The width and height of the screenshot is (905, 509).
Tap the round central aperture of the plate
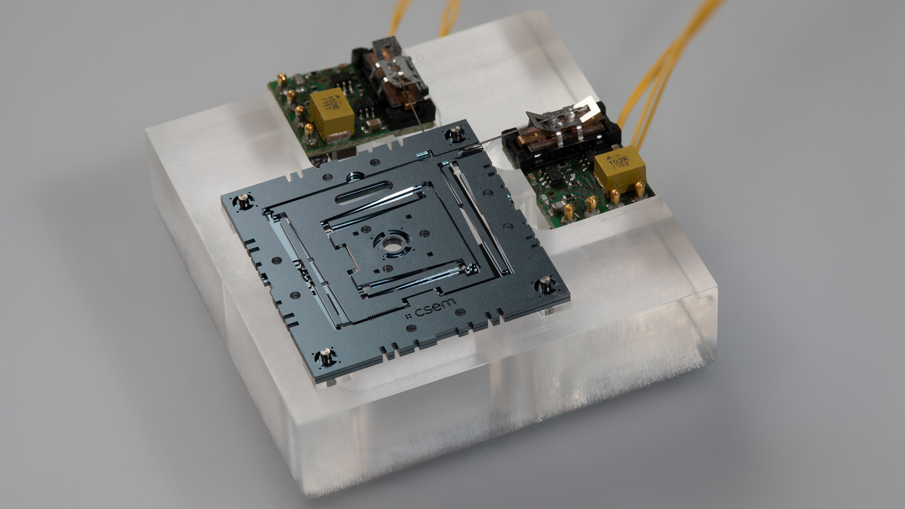391,244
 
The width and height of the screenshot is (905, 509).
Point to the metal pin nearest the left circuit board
455,135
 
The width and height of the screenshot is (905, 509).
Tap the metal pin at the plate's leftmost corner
243,200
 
